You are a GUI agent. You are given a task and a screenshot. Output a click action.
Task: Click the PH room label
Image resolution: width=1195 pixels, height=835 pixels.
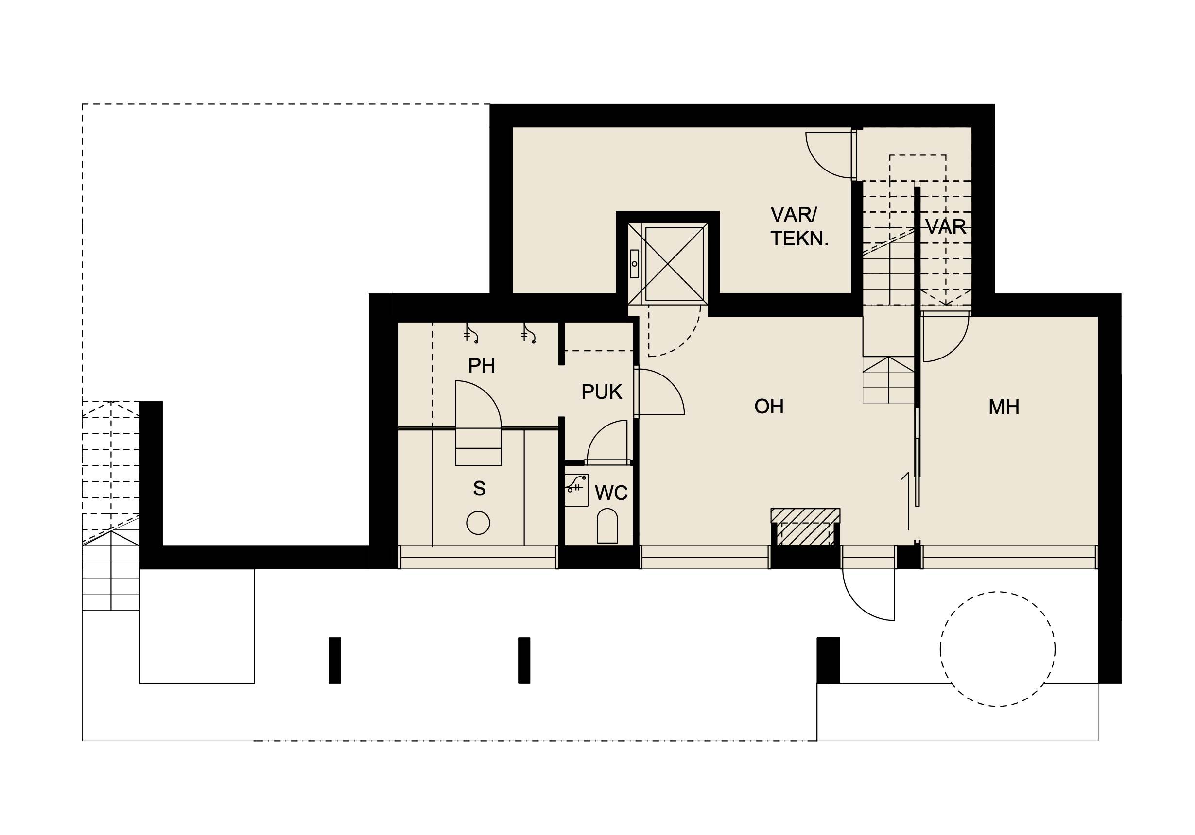(482, 366)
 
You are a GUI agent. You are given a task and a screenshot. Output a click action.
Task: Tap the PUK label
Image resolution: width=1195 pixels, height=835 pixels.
(602, 392)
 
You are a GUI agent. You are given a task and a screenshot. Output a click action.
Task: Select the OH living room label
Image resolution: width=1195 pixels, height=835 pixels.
(769, 406)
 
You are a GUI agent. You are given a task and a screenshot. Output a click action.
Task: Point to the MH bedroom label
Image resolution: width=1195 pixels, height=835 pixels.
(1004, 407)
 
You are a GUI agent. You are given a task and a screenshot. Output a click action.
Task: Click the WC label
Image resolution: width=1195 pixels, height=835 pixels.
(611, 493)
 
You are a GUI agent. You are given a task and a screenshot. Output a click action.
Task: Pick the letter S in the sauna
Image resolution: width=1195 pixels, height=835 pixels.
(479, 489)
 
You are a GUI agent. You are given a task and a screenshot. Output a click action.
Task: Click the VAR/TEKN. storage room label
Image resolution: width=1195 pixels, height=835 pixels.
(799, 226)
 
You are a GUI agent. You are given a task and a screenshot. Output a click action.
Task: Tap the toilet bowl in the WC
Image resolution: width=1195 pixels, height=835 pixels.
(607, 526)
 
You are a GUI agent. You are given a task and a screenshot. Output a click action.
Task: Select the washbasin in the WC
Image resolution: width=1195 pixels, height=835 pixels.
(577, 490)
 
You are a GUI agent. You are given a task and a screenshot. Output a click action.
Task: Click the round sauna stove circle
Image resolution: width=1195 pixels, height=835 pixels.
(478, 523)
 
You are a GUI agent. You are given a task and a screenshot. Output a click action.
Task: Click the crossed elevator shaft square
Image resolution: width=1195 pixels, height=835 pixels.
(668, 264)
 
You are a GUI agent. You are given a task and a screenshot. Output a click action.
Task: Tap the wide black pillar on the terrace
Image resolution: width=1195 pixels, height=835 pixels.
(828, 660)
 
